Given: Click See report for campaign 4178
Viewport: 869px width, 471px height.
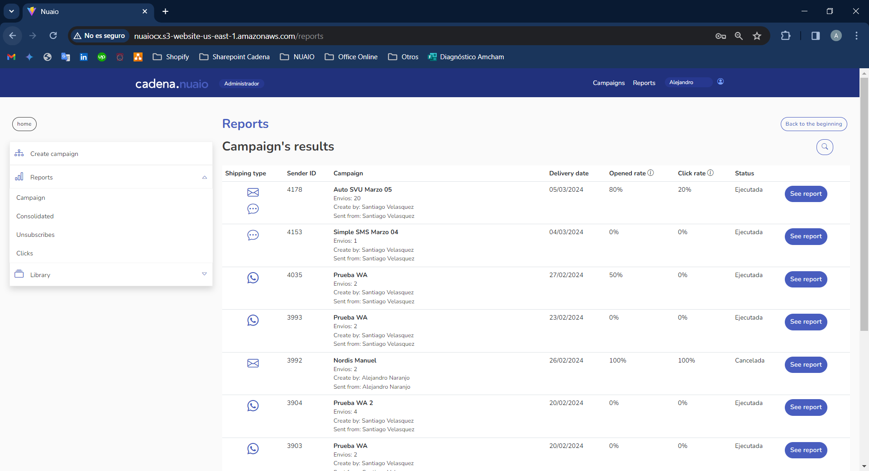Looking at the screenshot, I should click(x=806, y=194).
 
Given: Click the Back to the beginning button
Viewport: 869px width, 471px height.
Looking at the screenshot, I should click(x=813, y=124).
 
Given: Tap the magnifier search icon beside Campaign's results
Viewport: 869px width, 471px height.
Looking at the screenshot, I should click(x=825, y=147).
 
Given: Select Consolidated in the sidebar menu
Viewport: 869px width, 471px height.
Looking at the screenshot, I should click(x=35, y=216).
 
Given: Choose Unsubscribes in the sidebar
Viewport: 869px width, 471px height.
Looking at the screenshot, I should click(x=35, y=235).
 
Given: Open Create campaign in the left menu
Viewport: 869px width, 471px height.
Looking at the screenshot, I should click(x=54, y=154).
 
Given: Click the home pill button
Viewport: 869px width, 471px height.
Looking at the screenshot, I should click(x=24, y=124).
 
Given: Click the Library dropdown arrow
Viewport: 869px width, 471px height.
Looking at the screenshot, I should click(x=204, y=274).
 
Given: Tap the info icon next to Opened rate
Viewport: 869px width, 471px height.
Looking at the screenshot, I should click(x=650, y=173).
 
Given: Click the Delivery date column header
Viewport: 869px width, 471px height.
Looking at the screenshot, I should click(x=568, y=173).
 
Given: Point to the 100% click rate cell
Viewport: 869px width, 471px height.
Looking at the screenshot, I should click(x=686, y=360).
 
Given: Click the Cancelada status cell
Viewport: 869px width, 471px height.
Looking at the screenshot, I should click(x=749, y=360).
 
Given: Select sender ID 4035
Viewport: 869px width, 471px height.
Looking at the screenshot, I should click(x=294, y=275).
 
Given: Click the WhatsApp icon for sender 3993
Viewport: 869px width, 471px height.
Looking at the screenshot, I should click(x=253, y=320).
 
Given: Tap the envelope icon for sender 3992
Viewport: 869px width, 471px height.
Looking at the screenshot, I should click(x=253, y=363).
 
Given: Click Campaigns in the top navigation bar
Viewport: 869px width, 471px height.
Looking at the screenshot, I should click(x=608, y=83).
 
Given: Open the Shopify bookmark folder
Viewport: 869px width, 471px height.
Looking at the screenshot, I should click(x=171, y=57).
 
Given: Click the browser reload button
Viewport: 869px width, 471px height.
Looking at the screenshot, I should click(x=53, y=36).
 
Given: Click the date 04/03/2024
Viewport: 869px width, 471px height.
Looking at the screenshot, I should click(x=566, y=232).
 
